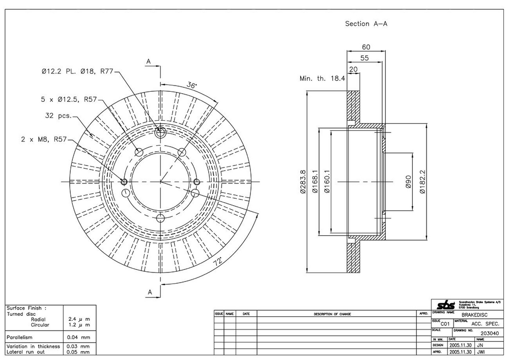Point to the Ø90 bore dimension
408,182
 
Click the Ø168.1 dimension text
315,182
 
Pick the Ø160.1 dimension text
328,182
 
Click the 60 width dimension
365,47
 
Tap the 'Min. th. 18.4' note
322,78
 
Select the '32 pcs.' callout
58,115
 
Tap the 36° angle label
192,85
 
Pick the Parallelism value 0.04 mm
78,337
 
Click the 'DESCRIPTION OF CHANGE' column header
332,314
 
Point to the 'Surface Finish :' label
26,308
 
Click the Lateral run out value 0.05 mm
78,351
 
